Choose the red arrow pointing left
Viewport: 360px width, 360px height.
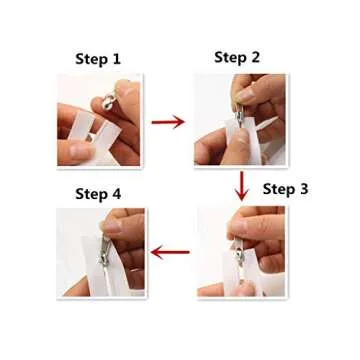tap(169, 252)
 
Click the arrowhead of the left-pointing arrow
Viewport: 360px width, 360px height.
tap(151, 252)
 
